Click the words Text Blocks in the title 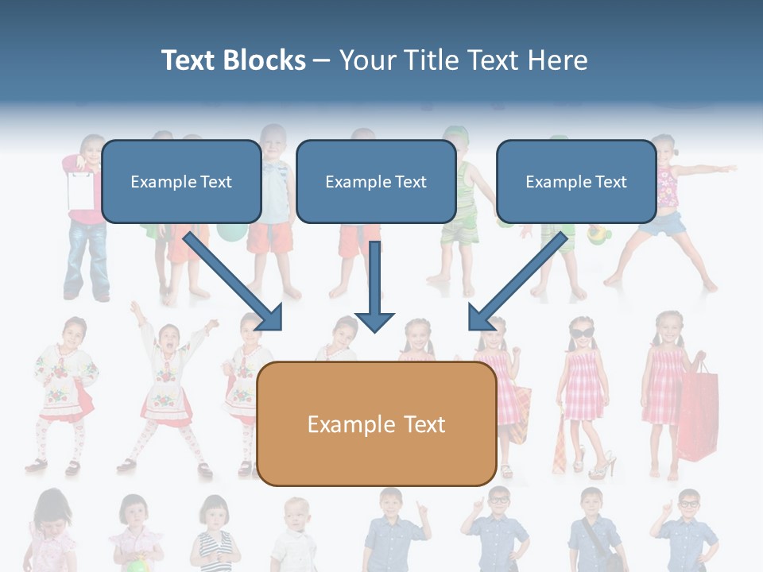[x=233, y=60]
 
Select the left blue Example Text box [x=181, y=182]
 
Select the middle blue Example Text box [x=376, y=182]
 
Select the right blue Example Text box [x=576, y=182]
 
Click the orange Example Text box [x=377, y=424]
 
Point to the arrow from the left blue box [x=235, y=281]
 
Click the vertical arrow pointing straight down [x=374, y=286]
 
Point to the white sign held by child [x=80, y=189]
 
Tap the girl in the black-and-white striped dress [x=215, y=536]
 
